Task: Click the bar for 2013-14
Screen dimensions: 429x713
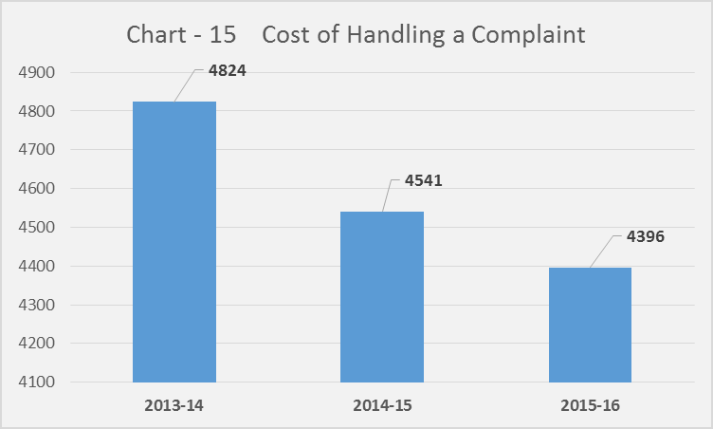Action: [x=174, y=242]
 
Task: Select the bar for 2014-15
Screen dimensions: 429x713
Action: [x=382, y=297]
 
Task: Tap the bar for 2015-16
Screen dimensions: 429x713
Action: [x=590, y=325]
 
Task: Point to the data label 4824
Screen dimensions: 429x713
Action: [x=227, y=71]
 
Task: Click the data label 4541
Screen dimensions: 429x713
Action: [x=423, y=180]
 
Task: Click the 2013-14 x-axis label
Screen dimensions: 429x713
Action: [x=174, y=404]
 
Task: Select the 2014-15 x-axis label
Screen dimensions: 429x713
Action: [x=382, y=404]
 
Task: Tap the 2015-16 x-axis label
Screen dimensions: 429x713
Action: [x=590, y=404]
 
